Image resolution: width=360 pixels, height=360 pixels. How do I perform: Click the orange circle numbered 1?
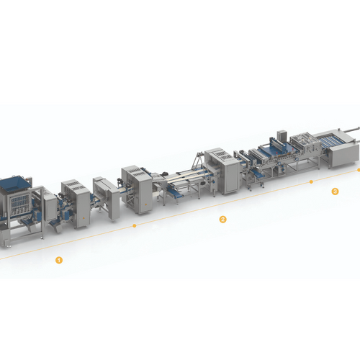tap(59, 260)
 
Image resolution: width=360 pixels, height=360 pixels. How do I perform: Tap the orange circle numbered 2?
tap(222, 219)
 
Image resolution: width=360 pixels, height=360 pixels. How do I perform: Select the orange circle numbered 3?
tap(335, 192)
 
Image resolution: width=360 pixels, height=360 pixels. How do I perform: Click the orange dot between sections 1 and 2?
tap(135, 225)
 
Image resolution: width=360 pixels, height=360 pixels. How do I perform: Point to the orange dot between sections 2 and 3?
tap(311, 181)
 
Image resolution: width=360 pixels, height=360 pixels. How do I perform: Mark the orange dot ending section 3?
tap(359, 170)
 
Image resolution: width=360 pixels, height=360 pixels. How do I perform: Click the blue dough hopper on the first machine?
tap(15, 185)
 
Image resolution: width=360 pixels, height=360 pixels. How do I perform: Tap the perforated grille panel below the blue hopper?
tap(19, 202)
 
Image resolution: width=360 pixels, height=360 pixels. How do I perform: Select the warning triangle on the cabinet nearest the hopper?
tap(84, 218)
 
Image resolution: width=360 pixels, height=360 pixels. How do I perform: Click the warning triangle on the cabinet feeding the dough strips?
tap(145, 204)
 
